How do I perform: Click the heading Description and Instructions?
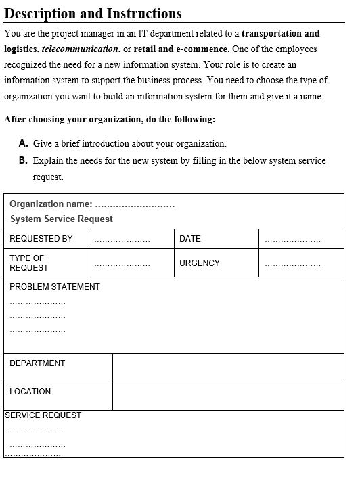93,13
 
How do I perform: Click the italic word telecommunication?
80,49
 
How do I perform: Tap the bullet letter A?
24,143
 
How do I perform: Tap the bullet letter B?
24,160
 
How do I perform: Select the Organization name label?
51,204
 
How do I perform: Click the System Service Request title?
62,219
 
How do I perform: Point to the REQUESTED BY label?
41,239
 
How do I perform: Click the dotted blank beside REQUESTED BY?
122,239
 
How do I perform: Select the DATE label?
190,239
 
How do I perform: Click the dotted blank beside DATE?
292,239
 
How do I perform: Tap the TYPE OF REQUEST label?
29,263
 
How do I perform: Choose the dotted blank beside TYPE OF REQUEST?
122,264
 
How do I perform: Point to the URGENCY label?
200,263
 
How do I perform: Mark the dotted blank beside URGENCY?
292,264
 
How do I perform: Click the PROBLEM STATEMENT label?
55,287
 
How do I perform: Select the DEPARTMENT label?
37,363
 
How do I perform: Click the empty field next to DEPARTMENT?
228,367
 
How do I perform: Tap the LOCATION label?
30,392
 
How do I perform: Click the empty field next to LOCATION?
228,396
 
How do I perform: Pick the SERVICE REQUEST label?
43,415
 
